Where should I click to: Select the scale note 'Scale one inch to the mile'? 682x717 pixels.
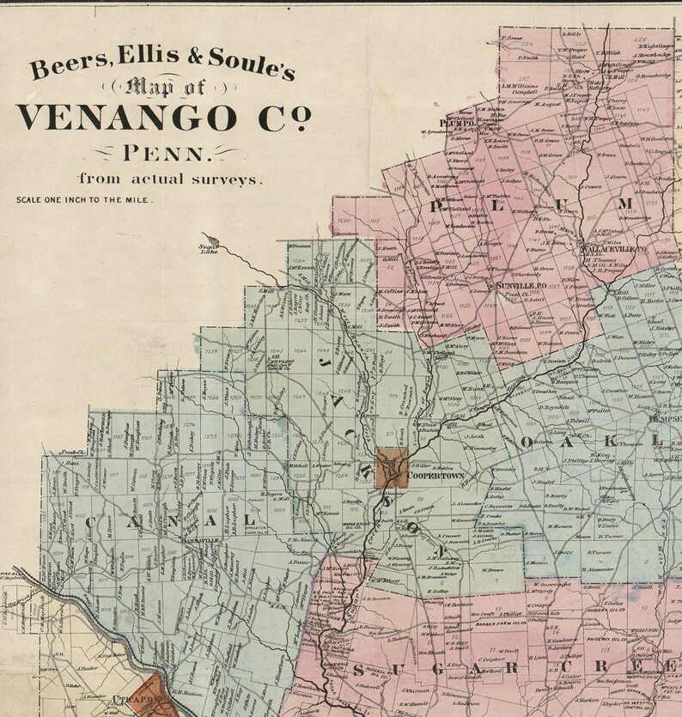click(x=84, y=200)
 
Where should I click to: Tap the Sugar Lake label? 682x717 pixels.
click(x=199, y=249)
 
